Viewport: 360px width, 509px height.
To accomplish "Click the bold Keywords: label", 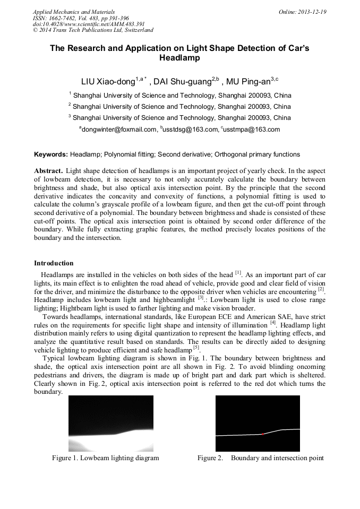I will tap(51, 154).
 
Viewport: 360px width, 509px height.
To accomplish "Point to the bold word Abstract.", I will tap(49, 171).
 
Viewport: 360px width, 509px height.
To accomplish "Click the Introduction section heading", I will tap(54, 263).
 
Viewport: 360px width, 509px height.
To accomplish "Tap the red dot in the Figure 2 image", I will tap(263, 434).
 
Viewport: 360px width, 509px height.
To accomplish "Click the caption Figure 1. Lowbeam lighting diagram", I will tap(105, 458).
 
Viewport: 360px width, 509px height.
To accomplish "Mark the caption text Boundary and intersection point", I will tap(277, 458).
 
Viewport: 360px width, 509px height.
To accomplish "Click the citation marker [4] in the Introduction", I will tap(272, 323).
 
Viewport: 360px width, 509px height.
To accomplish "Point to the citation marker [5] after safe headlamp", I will tap(196, 348).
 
